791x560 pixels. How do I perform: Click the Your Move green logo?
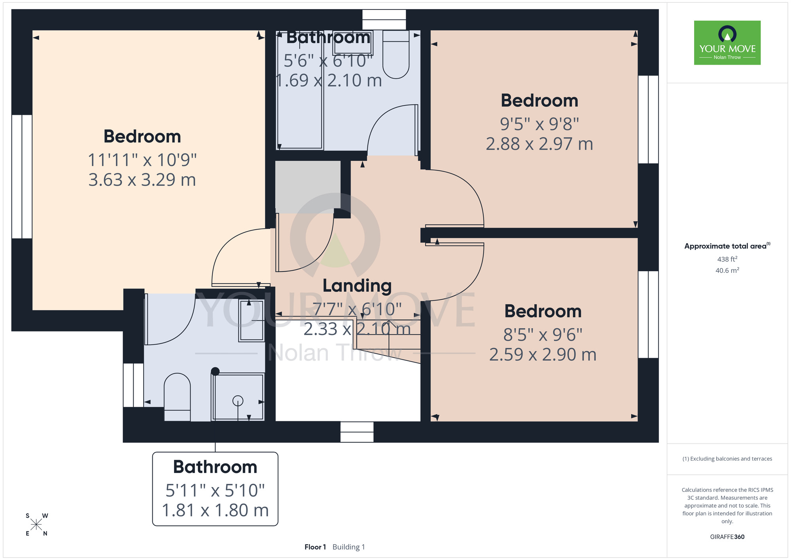point(727,43)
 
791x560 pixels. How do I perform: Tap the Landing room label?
point(357,286)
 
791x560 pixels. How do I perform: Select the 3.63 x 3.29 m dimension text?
point(142,180)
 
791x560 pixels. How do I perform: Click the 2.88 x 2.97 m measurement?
point(539,144)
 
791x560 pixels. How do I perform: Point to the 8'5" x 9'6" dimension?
point(543,335)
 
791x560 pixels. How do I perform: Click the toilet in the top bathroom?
point(396,54)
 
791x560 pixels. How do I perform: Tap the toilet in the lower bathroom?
point(177,397)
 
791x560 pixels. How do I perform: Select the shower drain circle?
point(238,401)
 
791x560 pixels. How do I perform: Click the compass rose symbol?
point(36,525)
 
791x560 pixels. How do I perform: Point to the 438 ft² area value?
point(727,259)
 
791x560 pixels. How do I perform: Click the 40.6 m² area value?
point(727,270)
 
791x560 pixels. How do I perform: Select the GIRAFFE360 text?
point(727,537)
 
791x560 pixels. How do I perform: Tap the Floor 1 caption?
point(315,547)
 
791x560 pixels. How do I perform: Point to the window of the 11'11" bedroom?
point(22,177)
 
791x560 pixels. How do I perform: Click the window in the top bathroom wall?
point(384,20)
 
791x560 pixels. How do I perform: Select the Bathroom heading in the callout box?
point(215,467)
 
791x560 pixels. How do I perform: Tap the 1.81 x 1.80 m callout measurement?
point(215,510)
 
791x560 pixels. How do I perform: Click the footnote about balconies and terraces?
point(727,459)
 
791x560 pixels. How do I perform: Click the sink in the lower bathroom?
point(251,320)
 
